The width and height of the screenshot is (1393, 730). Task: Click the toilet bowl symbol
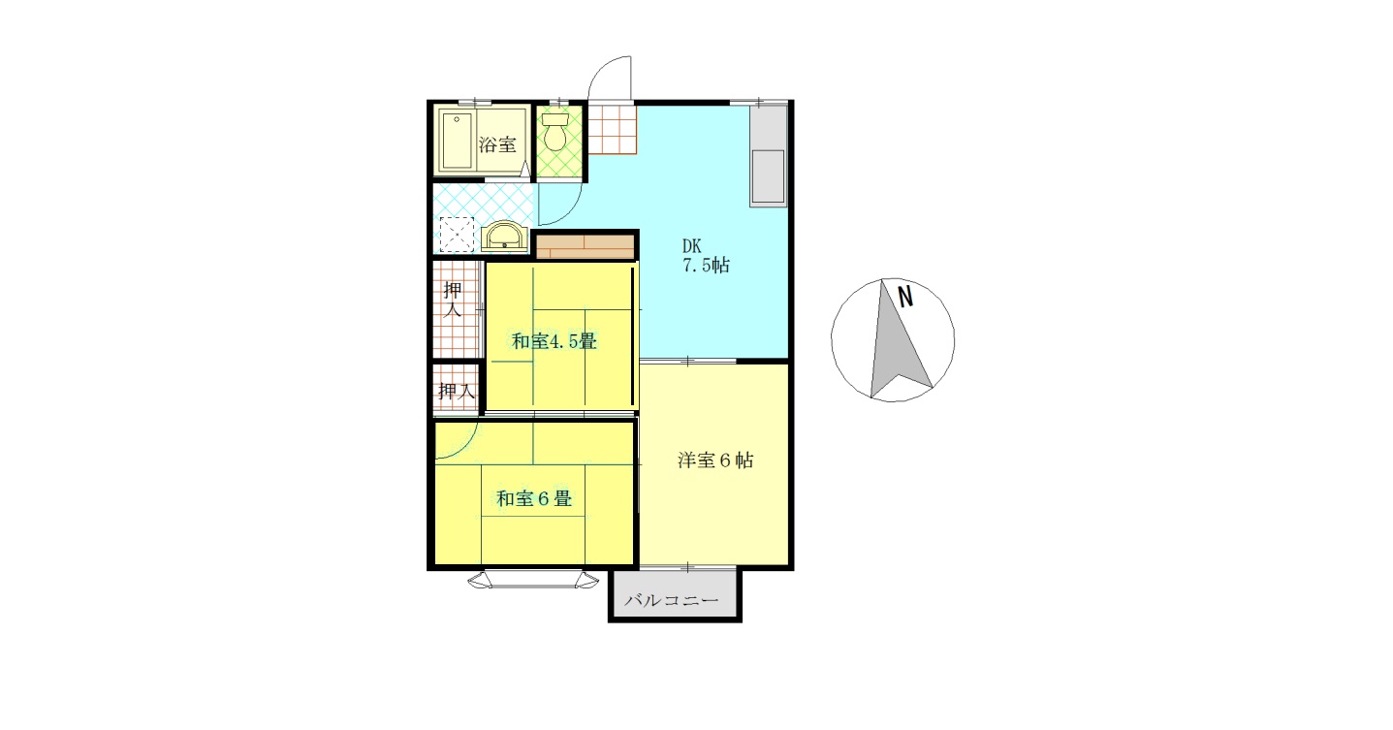[x=555, y=134]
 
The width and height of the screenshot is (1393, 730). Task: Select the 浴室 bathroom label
[x=497, y=145]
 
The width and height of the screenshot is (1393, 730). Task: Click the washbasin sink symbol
[x=504, y=237]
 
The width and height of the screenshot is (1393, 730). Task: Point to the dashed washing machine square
[x=457, y=235]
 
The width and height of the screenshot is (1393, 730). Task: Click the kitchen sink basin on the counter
[x=768, y=176]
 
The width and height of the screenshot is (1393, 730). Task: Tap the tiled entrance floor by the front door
[x=612, y=130]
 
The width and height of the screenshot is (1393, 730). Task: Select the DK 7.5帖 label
[x=705, y=257]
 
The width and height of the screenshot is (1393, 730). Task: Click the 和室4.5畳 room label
[x=554, y=341]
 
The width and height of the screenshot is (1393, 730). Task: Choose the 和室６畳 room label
[x=533, y=499]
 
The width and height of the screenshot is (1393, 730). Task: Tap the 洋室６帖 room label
[x=714, y=460]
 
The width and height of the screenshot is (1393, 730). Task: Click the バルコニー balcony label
[x=672, y=601]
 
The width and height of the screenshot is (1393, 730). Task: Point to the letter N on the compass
[x=905, y=297]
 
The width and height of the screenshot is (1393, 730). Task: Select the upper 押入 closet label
[x=453, y=300]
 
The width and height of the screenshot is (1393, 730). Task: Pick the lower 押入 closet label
[x=456, y=392]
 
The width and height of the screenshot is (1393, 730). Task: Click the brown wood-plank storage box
[x=585, y=246]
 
